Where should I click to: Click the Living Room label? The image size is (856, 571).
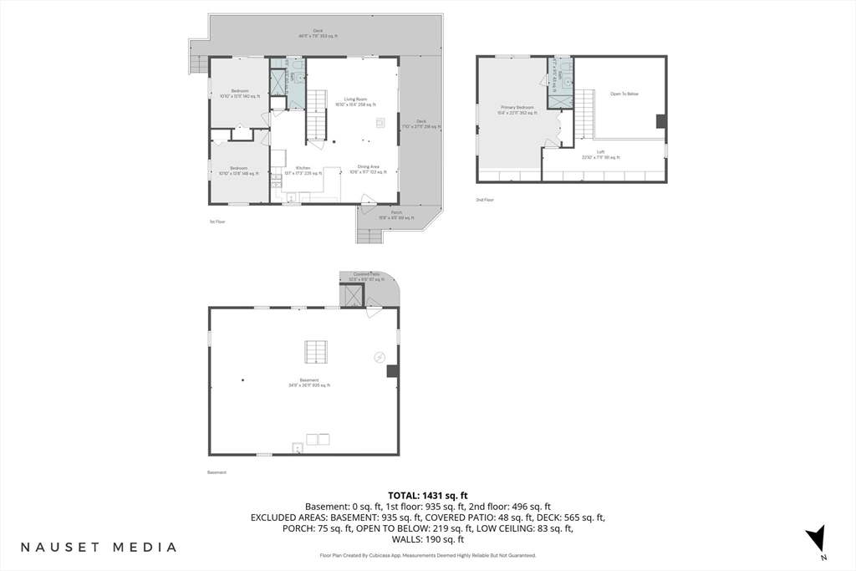tap(355, 102)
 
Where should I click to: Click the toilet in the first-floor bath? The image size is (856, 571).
tap(293, 64)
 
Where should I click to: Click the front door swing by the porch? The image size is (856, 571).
tap(368, 199)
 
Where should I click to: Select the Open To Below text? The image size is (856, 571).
tap(624, 94)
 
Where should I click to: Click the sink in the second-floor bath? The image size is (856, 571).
tap(566, 81)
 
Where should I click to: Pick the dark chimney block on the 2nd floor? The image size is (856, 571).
tap(661, 121)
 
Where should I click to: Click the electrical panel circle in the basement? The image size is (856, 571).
tap(380, 357)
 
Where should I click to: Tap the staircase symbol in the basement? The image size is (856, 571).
tap(317, 353)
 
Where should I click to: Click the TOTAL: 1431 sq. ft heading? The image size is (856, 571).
tap(427, 496)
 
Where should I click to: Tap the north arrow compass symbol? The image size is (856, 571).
tap(820, 538)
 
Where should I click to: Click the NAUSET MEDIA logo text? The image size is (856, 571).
tap(99, 547)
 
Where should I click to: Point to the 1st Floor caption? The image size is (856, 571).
tap(217, 222)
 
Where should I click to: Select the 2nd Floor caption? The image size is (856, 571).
tap(485, 200)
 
